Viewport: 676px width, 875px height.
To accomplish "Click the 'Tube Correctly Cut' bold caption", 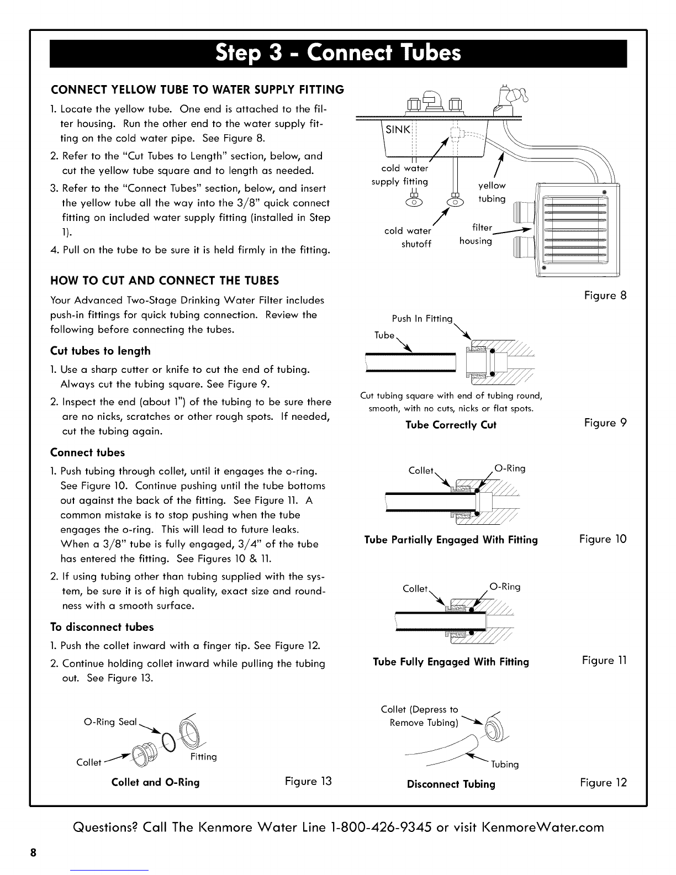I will tap(451, 425).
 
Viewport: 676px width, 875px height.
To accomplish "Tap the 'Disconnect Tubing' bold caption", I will tap(451, 784).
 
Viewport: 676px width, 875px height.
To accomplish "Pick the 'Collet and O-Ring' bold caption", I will tap(155, 782).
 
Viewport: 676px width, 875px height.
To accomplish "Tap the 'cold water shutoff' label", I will tap(409, 238).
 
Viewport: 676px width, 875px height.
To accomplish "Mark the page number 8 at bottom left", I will tap(34, 852).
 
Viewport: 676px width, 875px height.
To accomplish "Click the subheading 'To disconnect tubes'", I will tap(102, 627).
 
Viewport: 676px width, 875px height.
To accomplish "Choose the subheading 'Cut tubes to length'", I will tap(100, 351).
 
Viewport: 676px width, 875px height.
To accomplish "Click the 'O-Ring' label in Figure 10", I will tap(510, 468).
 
